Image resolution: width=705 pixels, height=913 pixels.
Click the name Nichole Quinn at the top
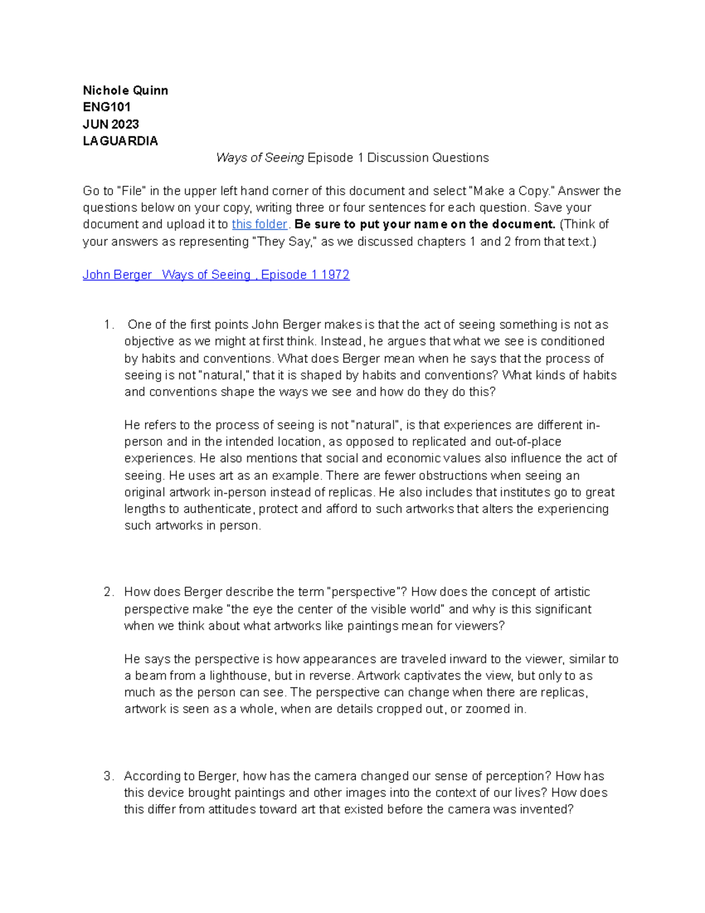[125, 91]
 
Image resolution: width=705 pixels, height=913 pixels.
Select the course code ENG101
[107, 107]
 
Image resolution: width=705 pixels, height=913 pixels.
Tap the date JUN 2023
[111, 124]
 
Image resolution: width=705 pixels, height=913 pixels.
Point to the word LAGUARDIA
[120, 141]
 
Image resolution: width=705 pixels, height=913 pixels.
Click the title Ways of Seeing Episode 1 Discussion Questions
[352, 158]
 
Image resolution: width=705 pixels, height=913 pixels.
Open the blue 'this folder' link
[259, 224]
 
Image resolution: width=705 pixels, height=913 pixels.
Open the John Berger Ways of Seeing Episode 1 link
[216, 275]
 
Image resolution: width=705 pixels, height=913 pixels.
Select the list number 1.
[108, 325]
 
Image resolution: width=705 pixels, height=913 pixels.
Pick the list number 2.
[108, 592]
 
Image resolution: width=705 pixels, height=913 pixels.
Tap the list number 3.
[108, 776]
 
